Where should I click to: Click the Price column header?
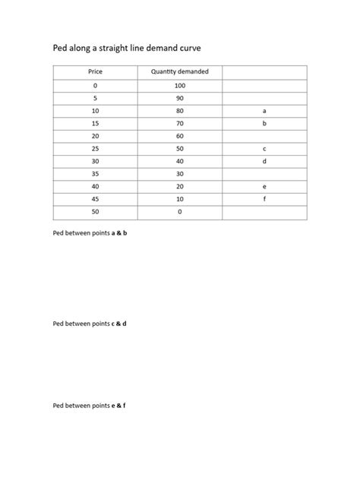[x=95, y=72]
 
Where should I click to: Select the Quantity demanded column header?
[x=179, y=72]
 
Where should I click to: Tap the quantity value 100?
[x=179, y=86]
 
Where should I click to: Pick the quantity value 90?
[x=179, y=98]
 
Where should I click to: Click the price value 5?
[x=95, y=98]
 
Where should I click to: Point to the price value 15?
[x=95, y=123]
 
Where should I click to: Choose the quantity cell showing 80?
[x=179, y=111]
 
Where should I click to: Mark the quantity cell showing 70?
[x=179, y=123]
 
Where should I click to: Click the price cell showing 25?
[x=95, y=149]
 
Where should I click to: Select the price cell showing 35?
[x=95, y=174]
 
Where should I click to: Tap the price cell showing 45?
[x=95, y=200]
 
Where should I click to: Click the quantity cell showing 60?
[x=179, y=136]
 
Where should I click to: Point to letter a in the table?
[x=264, y=111]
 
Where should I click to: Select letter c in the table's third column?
[x=264, y=149]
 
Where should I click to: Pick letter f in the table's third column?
[x=264, y=200]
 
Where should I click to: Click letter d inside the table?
[x=264, y=162]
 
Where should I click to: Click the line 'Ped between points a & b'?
[x=90, y=233]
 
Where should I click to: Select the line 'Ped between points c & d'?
[x=90, y=324]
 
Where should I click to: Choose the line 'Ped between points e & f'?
[x=90, y=406]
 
